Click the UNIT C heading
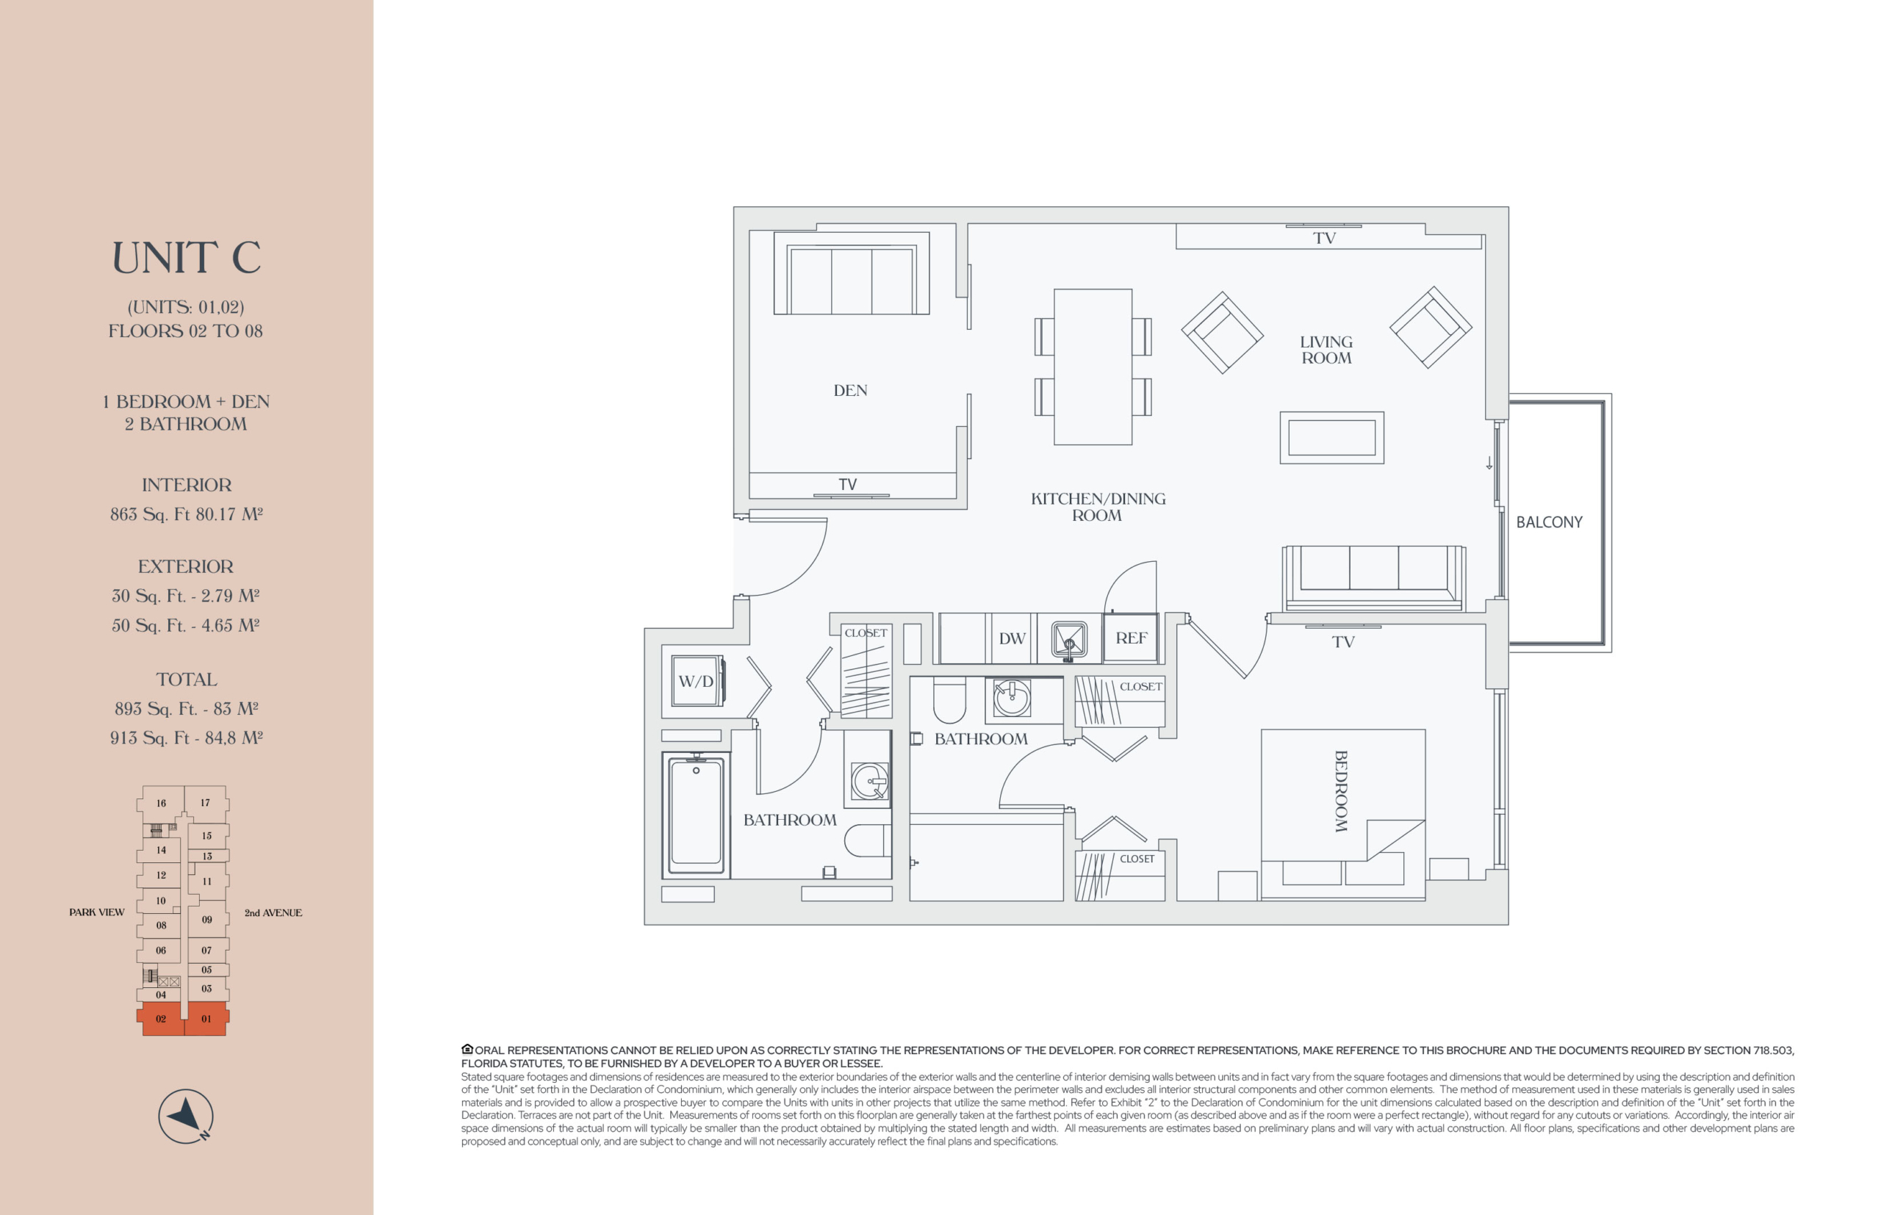(186, 258)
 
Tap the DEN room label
(850, 391)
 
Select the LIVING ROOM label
(1326, 350)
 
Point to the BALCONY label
(1549, 522)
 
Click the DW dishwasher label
(1012, 638)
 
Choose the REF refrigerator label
(1131, 638)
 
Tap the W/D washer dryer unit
(697, 681)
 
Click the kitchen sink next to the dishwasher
(1069, 638)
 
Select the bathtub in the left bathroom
(695, 814)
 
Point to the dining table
(1093, 367)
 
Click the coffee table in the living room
(1331, 437)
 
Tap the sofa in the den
(852, 273)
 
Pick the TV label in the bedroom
(1343, 642)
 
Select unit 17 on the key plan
(206, 802)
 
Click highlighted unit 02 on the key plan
(161, 1019)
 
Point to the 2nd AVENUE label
(273, 913)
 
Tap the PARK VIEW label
(96, 912)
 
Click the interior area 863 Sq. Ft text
(150, 514)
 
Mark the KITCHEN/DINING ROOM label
(1098, 507)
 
